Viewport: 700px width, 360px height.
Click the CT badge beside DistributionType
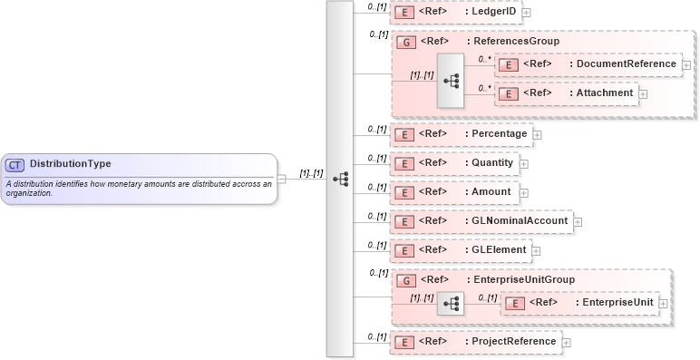click(x=15, y=164)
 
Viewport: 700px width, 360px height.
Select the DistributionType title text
click(x=71, y=164)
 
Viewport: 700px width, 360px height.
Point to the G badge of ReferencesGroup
click(x=407, y=41)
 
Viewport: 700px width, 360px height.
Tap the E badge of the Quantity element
click(x=406, y=162)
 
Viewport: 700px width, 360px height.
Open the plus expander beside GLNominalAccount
click(x=578, y=221)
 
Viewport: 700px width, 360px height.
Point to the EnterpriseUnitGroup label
click(x=523, y=280)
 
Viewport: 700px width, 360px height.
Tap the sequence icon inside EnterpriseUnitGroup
click(x=450, y=304)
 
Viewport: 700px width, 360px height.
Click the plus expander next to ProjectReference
click(x=567, y=342)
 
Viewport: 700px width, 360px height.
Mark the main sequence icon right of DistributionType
click(x=340, y=179)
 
